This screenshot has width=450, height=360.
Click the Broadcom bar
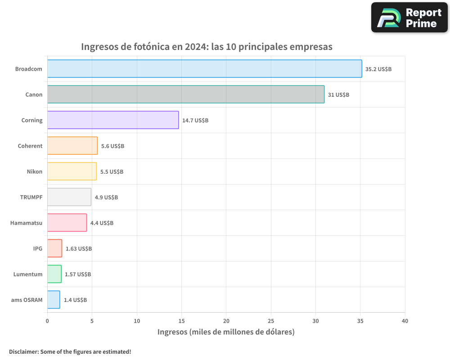point(204,69)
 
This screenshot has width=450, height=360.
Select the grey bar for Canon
point(185,94)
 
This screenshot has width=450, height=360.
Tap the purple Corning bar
point(113,120)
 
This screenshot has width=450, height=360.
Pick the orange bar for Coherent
point(72,146)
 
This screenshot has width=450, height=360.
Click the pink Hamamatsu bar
point(67,223)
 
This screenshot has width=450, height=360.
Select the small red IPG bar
point(54,248)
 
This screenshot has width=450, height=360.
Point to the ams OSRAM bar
point(54,300)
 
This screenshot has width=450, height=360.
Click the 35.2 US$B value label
point(378,69)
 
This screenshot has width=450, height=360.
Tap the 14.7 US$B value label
point(195,121)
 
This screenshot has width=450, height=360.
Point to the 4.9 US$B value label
point(106,198)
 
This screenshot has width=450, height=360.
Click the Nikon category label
point(35,171)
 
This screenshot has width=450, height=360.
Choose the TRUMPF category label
point(31,197)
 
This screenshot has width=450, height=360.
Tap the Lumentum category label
point(28,274)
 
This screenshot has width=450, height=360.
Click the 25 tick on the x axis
point(271,321)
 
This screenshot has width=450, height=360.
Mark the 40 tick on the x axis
point(405,321)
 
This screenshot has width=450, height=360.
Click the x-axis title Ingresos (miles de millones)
point(226,332)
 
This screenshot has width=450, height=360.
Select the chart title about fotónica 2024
point(207,47)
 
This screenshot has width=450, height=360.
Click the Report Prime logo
point(409,18)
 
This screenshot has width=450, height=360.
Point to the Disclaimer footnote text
point(70,351)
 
